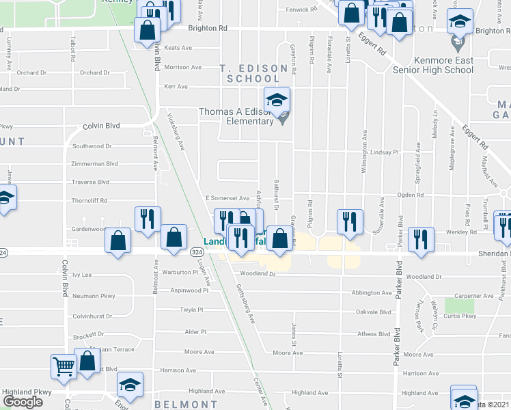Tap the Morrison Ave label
tap(182, 68)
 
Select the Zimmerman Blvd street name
tap(94, 164)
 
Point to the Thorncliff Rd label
tap(91, 201)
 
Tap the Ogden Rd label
tap(411, 195)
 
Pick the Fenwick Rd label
tap(302, 10)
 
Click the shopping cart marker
tap(64, 366)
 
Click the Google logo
tap(23, 402)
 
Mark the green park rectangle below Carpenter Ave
tap(458, 305)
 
